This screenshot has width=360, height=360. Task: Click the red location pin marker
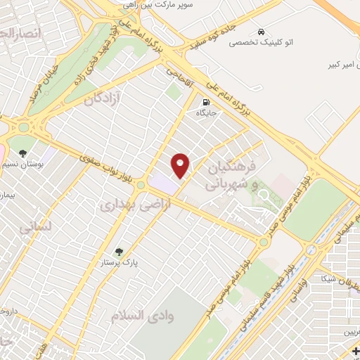coord(181,165)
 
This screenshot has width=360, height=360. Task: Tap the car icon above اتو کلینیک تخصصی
coord(261,32)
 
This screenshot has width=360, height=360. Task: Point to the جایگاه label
coord(205,112)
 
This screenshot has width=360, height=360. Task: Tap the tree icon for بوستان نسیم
coord(23,153)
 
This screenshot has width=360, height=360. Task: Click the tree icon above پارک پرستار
coord(117,251)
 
